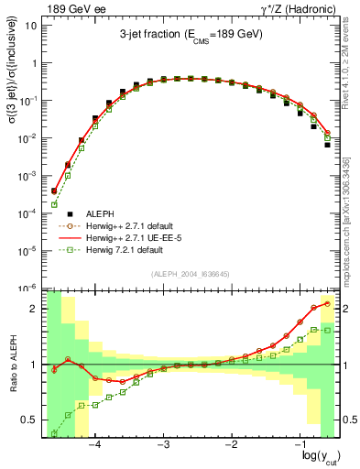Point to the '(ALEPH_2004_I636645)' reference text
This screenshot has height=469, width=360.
[x=190, y=276]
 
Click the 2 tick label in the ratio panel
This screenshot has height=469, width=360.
[x=34, y=309]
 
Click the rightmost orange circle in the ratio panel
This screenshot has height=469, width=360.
[x=327, y=303]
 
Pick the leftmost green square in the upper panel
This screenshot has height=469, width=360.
[x=54, y=204]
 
